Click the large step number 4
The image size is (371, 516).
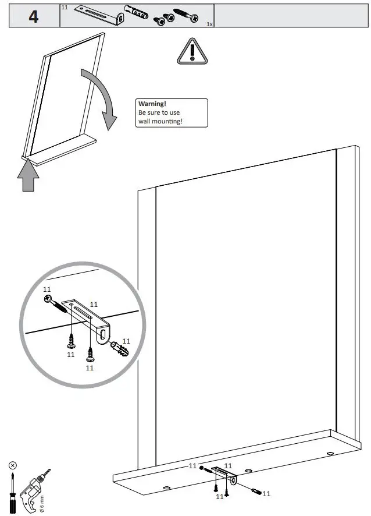coord(34,16)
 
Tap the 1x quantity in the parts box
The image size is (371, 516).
coord(209,24)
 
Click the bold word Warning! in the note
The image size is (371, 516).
coord(152,104)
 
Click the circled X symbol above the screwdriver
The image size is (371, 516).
coord(13,466)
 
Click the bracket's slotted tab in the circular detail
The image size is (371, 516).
coord(102,333)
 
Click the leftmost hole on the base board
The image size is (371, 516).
coord(166,487)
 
